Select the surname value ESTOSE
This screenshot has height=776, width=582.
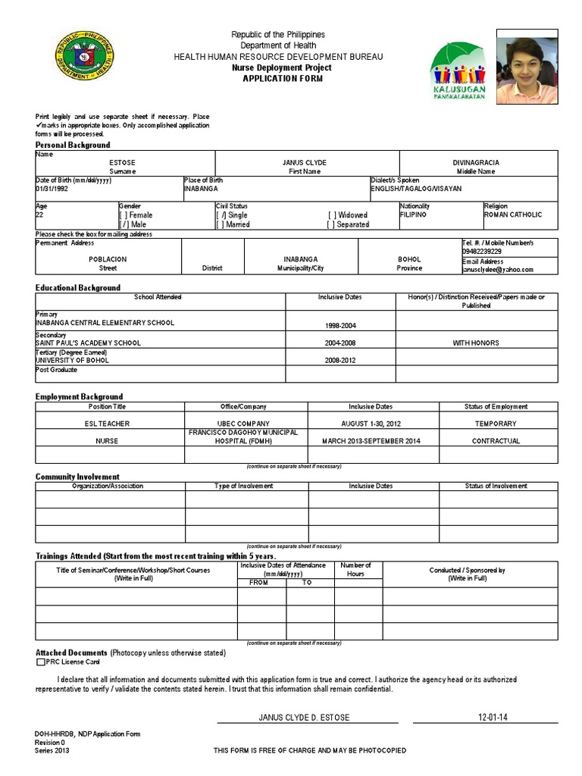click(x=122, y=163)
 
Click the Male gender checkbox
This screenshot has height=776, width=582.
click(x=124, y=224)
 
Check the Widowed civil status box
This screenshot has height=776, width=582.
click(x=332, y=215)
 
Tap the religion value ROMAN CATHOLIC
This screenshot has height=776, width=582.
click(x=513, y=215)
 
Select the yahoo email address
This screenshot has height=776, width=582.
click(x=497, y=269)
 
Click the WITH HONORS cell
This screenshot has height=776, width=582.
click(x=476, y=343)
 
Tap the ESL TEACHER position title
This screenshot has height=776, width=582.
click(x=110, y=424)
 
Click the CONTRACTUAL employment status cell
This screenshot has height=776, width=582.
click(x=496, y=441)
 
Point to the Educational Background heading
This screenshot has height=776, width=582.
click(x=78, y=288)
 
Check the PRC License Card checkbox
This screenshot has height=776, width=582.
click(x=40, y=662)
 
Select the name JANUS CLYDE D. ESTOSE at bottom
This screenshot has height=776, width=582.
click(x=304, y=717)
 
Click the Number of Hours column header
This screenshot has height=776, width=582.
click(x=355, y=570)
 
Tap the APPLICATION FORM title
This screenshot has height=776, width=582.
click(x=278, y=78)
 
